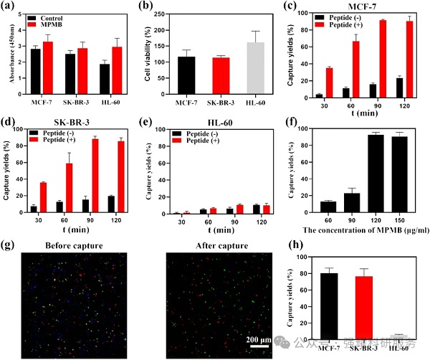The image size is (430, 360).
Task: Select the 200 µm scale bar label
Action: [x=254, y=338]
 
